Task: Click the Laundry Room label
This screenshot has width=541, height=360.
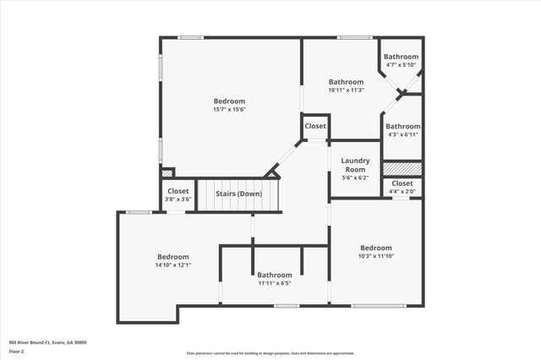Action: click(x=355, y=165)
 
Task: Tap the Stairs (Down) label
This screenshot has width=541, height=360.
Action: click(x=238, y=194)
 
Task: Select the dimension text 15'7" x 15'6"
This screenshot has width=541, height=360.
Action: click(x=229, y=109)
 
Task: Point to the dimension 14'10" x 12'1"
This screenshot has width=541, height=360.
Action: click(x=172, y=265)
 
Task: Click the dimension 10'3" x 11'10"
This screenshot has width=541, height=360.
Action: click(x=376, y=256)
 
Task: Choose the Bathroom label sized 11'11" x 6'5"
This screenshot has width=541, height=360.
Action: click(x=275, y=275)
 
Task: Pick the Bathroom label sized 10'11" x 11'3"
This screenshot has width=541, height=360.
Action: click(x=346, y=82)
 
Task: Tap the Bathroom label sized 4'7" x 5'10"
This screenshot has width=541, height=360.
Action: click(x=402, y=57)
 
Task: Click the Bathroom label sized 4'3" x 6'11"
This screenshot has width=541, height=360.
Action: click(x=403, y=127)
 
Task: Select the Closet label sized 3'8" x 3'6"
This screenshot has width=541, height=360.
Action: click(x=178, y=191)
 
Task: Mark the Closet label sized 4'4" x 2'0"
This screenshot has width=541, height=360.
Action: click(x=402, y=183)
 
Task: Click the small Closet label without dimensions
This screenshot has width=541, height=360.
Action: click(x=315, y=126)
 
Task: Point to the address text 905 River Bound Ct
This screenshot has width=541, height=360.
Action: click(x=47, y=342)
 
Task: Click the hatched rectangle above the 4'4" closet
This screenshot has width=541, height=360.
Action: click(x=402, y=169)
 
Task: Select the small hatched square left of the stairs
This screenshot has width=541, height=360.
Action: click(x=167, y=172)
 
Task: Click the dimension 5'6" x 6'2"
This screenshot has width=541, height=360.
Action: click(x=355, y=177)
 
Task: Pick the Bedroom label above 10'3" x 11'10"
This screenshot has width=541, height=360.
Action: click(x=376, y=248)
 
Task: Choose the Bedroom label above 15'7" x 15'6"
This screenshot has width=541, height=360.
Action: click(x=229, y=101)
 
